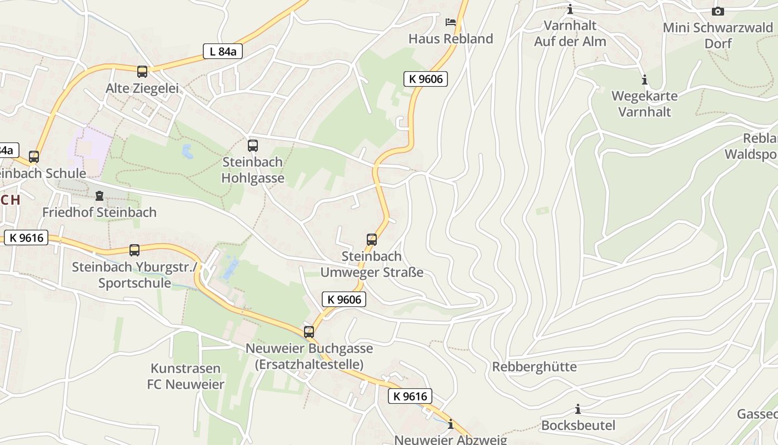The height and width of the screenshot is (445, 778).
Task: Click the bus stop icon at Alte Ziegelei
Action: coord(142,71)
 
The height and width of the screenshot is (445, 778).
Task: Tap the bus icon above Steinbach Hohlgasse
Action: coord(253,146)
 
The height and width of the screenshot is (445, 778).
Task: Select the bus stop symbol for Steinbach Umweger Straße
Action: coord(372,240)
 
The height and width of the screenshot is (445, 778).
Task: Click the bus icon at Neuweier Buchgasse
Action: coord(309,332)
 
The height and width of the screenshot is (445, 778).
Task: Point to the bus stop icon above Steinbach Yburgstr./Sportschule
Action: coord(134,250)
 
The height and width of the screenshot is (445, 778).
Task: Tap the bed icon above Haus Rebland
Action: coord(451,22)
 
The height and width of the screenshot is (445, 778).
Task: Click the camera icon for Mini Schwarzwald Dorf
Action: coord(718,11)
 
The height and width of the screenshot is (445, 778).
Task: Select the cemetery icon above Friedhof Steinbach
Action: coord(99,196)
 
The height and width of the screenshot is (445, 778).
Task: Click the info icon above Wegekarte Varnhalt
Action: coord(645,80)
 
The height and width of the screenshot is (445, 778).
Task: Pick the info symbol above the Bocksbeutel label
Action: coord(578,409)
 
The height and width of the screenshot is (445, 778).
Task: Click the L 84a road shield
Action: coord(222,52)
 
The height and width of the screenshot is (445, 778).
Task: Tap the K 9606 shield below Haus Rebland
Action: coord(426,79)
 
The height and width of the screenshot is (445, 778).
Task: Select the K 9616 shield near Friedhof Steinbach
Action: coord(26,238)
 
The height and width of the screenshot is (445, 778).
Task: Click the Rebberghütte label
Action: coord(534,367)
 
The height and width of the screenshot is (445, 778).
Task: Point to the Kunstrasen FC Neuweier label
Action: coord(186,376)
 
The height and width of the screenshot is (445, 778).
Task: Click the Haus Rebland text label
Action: coord(451,39)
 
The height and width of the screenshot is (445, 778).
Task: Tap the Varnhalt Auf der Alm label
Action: coord(570,33)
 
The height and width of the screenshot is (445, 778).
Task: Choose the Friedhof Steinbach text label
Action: coord(99,212)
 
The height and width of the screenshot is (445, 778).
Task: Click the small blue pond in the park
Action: coord(187,151)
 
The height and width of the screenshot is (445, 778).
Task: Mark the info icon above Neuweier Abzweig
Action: coord(451,424)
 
